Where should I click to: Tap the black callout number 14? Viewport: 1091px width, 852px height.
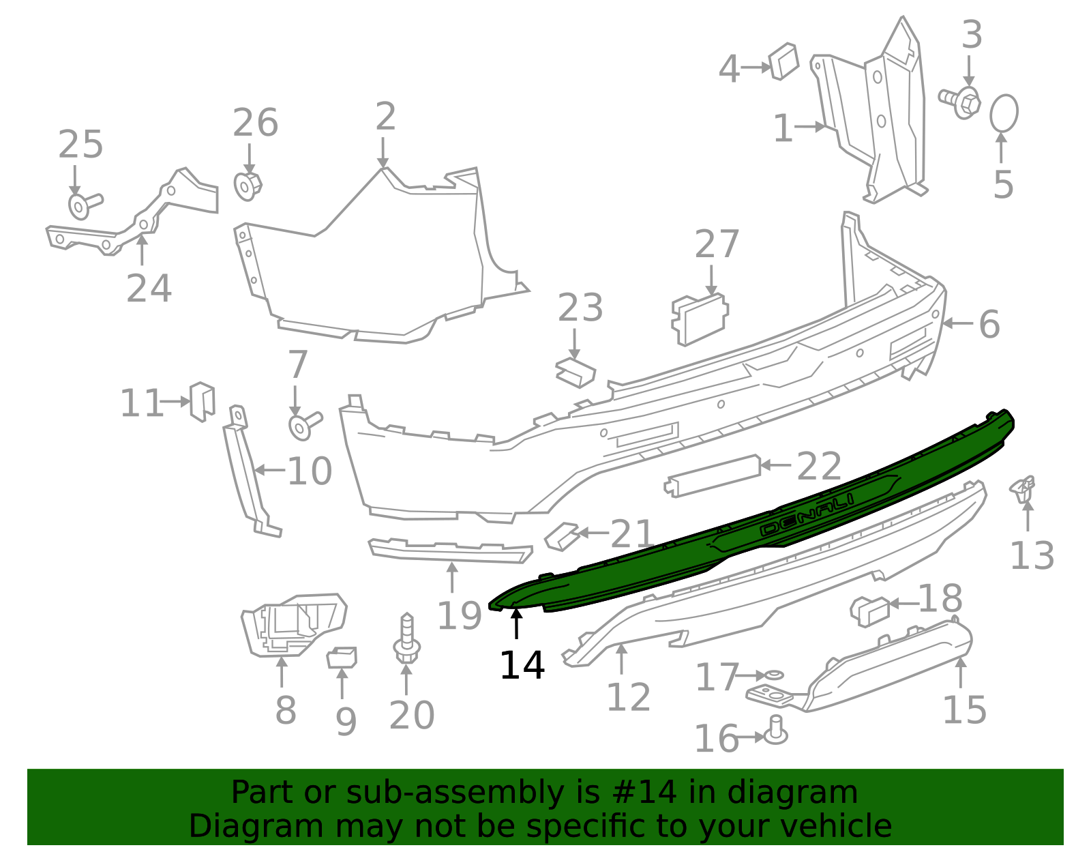(522, 666)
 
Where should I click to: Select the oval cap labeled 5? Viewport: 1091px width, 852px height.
(1004, 113)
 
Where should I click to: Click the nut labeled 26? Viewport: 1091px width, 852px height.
(248, 186)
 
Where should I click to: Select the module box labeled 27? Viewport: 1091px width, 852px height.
(700, 318)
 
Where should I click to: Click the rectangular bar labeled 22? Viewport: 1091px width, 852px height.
(713, 475)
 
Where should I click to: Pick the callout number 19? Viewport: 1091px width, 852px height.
(459, 616)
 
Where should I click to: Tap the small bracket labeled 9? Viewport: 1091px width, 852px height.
(342, 658)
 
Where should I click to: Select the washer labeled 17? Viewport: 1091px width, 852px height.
(775, 675)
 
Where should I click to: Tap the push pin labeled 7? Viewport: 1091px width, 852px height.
(303, 424)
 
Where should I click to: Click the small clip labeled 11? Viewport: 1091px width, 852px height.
(202, 401)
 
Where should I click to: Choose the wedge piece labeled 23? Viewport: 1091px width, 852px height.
(575, 372)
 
